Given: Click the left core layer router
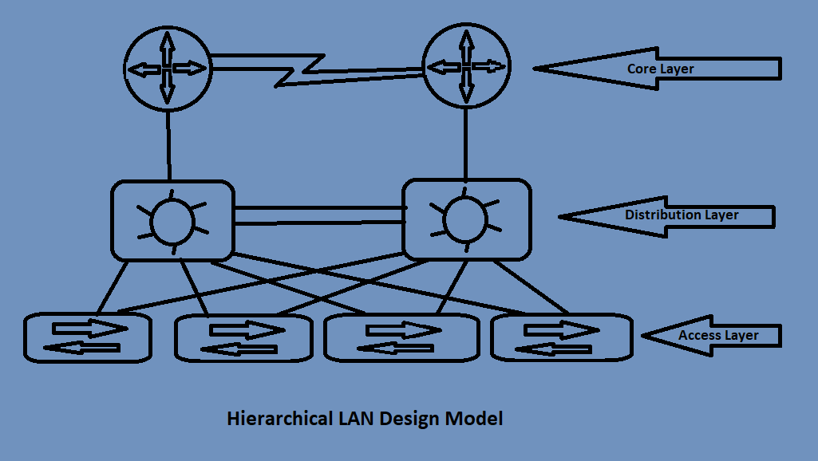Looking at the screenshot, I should coord(167,69).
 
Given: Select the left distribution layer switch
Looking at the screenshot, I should coord(172,220).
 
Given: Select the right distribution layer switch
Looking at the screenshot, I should coord(466,219).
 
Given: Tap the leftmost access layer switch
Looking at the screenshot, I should coord(87,338).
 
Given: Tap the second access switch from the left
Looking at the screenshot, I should coord(243,339).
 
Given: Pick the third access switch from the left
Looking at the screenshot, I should coord(397,339).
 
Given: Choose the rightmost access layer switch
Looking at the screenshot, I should coord(561,337).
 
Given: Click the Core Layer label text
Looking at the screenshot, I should coord(660,69).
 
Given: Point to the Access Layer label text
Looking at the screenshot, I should coord(718,336).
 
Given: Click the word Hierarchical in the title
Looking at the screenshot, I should coord(275,419).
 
